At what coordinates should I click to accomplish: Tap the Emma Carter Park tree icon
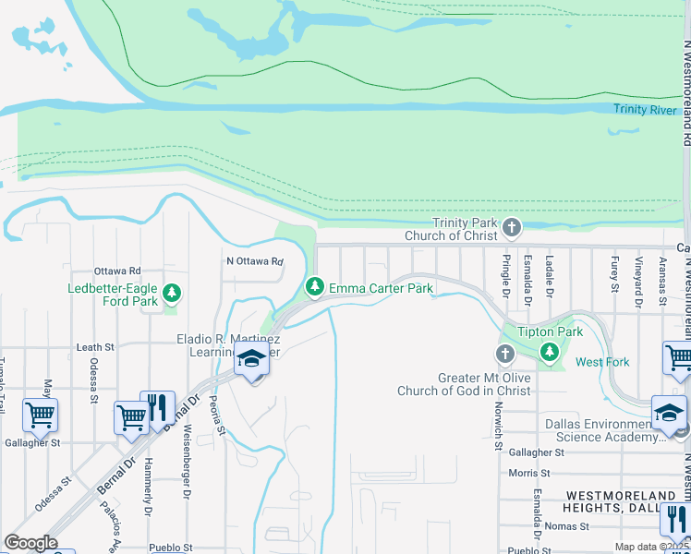coord(315,289)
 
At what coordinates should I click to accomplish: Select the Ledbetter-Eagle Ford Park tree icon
coord(171,294)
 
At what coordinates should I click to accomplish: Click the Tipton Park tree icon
coord(550,352)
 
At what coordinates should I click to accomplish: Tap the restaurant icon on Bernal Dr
coord(158,407)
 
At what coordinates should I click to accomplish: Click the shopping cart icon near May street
coord(40,415)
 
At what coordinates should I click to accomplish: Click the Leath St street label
coord(95,347)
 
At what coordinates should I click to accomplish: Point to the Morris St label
coord(529,473)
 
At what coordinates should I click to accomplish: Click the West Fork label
coord(602,362)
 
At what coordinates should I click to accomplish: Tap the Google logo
coord(30,542)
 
